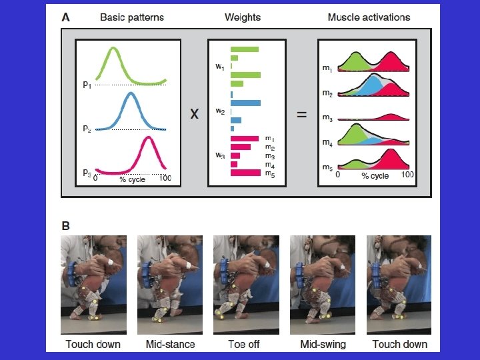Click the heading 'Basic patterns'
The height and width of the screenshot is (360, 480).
point(131,17)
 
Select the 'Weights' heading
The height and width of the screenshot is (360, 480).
point(243,17)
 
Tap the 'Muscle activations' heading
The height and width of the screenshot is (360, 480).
point(369,17)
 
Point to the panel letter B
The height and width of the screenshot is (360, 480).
point(65,226)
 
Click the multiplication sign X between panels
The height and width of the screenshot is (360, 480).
point(194,115)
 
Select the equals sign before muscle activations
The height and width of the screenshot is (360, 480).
point(301,115)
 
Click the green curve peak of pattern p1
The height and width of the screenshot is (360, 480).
point(114,49)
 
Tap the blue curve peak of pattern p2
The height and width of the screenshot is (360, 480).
point(131,94)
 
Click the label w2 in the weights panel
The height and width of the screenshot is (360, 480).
point(220,111)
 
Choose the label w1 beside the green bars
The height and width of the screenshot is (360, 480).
point(220,66)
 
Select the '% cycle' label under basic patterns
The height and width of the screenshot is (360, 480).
point(132,179)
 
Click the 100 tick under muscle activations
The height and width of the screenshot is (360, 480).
point(407,174)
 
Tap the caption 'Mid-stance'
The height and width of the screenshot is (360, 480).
point(170,344)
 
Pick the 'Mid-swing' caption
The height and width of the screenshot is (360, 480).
point(323,344)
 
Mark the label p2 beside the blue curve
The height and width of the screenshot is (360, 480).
point(87,129)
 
